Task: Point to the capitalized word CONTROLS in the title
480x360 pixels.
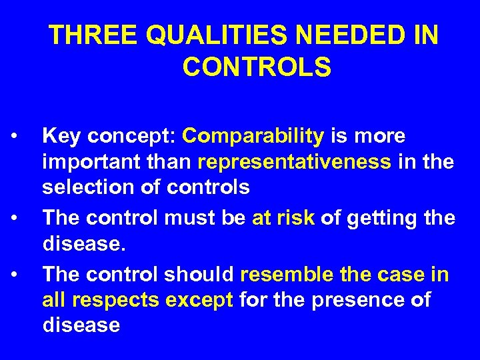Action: (255, 67)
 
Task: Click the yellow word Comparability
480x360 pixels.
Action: (253, 137)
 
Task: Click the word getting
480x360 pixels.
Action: (385, 218)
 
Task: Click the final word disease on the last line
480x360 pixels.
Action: (81, 326)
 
